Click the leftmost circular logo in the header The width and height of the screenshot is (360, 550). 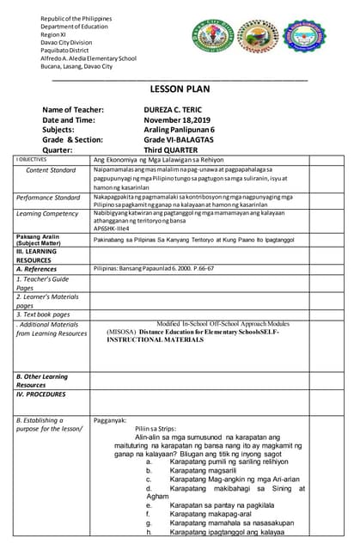click(211, 40)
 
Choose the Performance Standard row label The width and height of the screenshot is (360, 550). click(48, 198)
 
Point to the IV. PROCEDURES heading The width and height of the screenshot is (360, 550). click(40, 394)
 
